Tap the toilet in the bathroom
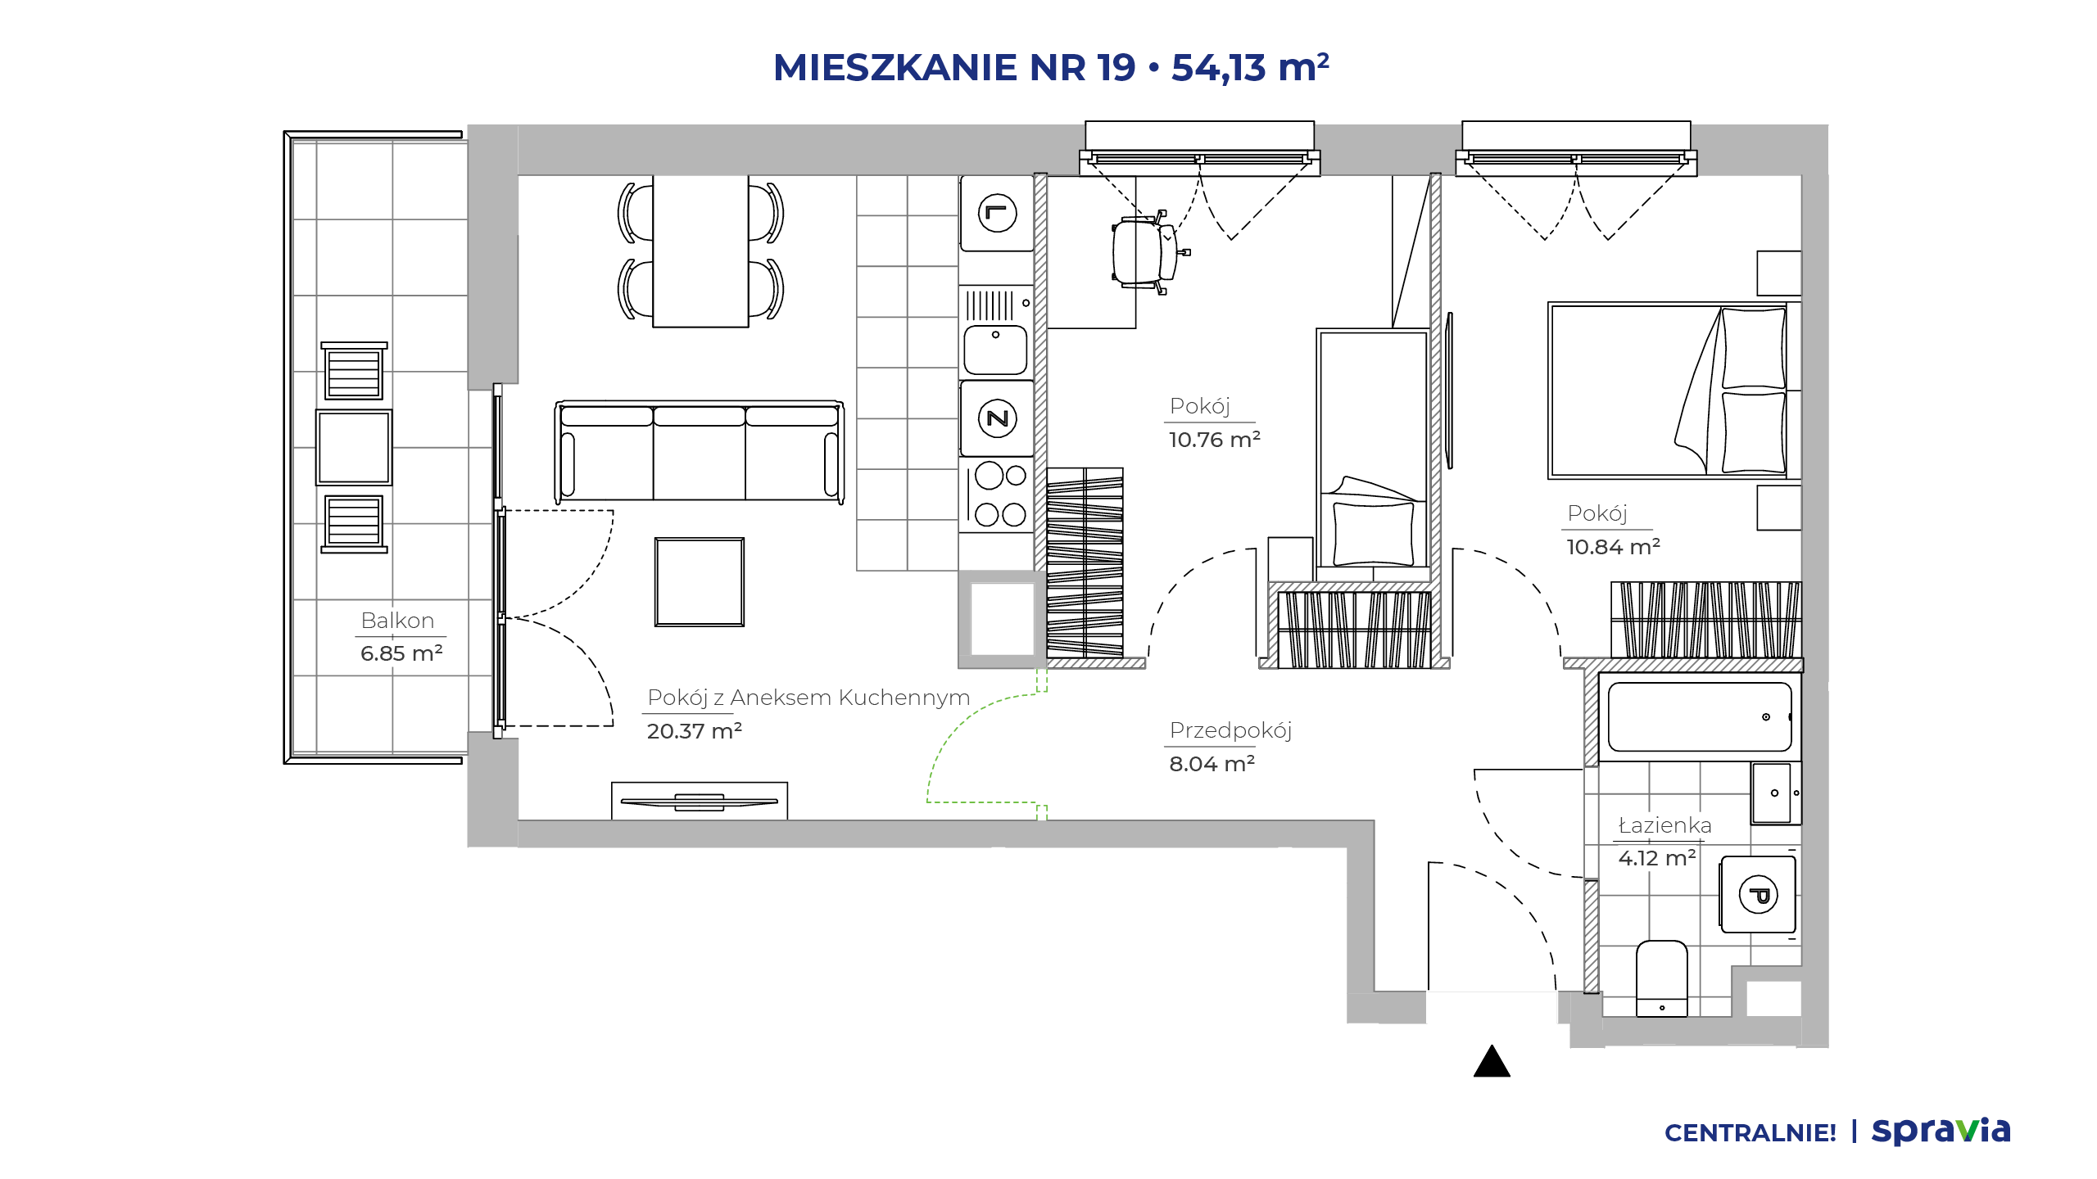click(1661, 978)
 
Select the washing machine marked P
click(1758, 894)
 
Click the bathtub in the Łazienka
click(1700, 717)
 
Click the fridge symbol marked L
click(997, 214)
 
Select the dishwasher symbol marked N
click(997, 418)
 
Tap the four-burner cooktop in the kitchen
click(997, 495)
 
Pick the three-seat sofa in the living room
click(700, 451)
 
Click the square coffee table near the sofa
click(700, 582)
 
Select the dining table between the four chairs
click(700, 251)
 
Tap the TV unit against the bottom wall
click(700, 801)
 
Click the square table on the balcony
click(354, 447)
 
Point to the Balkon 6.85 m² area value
click(401, 653)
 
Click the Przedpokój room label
click(1230, 730)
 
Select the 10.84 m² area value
click(1613, 546)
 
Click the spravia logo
click(1941, 1131)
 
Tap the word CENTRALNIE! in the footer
click(1751, 1133)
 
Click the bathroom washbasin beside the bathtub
click(1776, 793)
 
